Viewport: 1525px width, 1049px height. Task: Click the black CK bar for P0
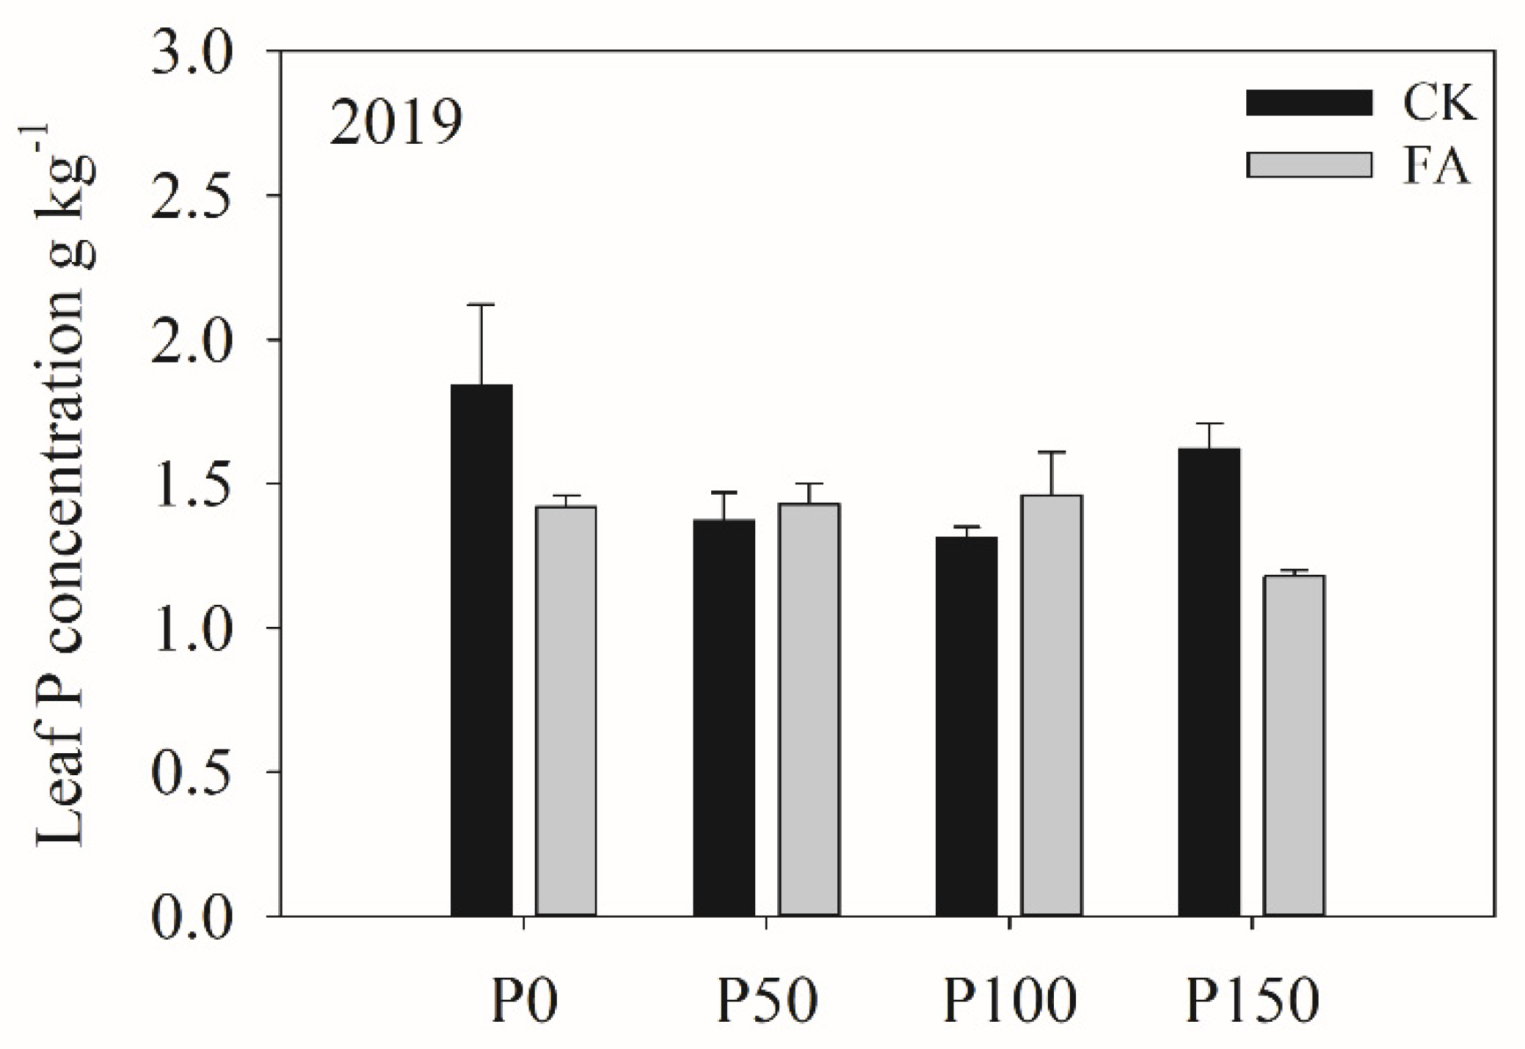coord(481,650)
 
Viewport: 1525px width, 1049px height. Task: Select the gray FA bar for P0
coord(566,711)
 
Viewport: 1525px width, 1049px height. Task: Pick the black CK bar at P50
coord(724,717)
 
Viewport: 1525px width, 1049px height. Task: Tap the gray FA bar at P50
coord(809,709)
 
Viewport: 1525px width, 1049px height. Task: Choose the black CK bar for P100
coord(967,726)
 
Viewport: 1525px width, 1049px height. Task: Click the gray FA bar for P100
coord(1052,705)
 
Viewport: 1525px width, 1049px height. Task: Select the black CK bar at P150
coord(1209,682)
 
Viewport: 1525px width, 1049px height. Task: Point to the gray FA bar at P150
coord(1294,745)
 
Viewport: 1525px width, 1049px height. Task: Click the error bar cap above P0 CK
coord(481,305)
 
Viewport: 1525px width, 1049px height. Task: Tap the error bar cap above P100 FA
coord(1052,452)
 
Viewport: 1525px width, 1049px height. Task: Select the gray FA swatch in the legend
coord(1309,165)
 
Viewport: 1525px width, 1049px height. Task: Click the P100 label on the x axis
coord(1009,1001)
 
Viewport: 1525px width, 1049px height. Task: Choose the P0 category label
coord(524,1001)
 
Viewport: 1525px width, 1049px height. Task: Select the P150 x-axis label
coord(1252,1001)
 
